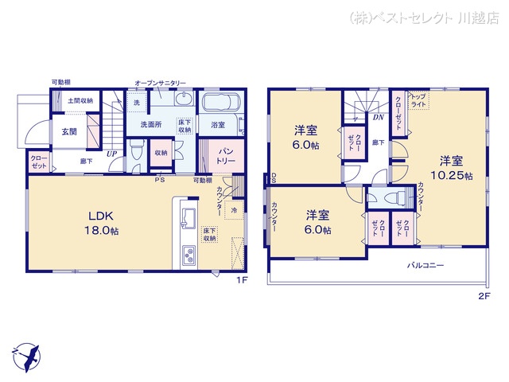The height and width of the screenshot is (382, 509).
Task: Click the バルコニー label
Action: tap(425, 264)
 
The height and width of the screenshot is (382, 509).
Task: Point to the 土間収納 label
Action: tap(80, 101)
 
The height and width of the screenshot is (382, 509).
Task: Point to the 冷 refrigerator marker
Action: tap(235, 210)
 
